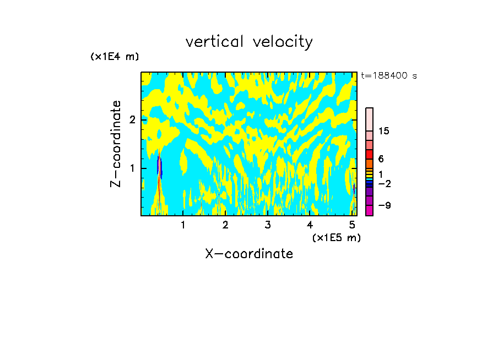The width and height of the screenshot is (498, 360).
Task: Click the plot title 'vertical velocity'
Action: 249,42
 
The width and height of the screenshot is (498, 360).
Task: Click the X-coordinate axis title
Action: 249,254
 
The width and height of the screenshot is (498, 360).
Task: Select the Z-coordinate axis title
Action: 116,144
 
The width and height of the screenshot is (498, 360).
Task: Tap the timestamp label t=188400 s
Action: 389,76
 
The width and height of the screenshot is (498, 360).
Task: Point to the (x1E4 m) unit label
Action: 115,57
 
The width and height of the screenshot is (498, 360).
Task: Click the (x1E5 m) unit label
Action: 336,237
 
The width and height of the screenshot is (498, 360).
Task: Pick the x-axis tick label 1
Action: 183,225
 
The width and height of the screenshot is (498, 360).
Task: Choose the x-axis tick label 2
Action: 225,225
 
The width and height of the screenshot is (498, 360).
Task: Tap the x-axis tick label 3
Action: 268,225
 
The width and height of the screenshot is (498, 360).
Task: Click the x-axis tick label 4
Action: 310,225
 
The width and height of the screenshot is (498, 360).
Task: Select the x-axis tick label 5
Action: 352,225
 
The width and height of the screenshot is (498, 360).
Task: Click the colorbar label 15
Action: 384,131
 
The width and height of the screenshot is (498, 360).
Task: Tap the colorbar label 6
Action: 381,159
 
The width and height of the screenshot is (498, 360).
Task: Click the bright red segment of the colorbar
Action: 369,154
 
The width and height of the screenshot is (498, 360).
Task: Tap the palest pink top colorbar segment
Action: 369,119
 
